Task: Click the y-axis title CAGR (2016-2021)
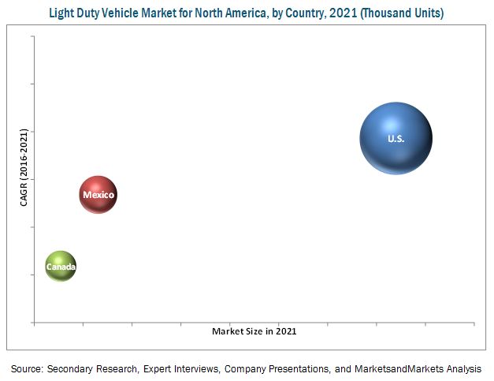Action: tap(24, 169)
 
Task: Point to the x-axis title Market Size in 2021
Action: tap(254, 331)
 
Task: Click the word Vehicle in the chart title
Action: tap(140, 12)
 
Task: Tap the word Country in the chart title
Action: tap(305, 12)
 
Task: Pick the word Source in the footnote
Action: tap(27, 368)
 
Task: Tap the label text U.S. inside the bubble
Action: tap(396, 139)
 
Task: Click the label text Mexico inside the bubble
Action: tap(98, 195)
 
